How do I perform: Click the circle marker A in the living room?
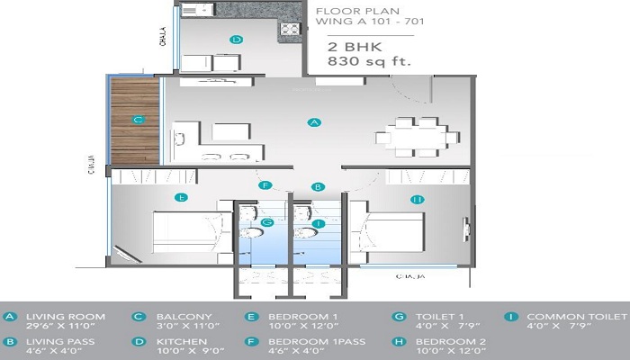(314, 121)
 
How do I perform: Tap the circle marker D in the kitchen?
(236, 40)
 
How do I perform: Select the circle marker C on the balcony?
(138, 119)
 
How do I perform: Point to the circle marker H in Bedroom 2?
(417, 199)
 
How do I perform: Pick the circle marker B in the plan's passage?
(318, 187)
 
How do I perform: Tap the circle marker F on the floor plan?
(265, 185)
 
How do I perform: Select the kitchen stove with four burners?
(290, 30)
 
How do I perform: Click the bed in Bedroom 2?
(387, 233)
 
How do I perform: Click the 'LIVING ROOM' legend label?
(66, 317)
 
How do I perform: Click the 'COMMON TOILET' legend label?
(576, 317)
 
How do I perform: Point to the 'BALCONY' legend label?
(184, 317)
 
